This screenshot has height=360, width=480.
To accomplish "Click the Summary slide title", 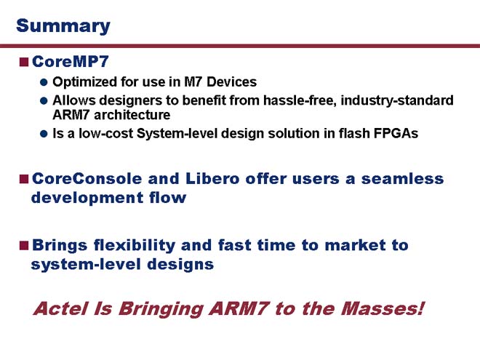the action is [63, 26].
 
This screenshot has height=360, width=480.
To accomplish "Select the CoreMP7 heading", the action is [71, 62].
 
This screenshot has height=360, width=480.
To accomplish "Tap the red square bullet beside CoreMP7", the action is [24, 62].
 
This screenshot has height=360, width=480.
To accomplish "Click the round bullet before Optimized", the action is [44, 82].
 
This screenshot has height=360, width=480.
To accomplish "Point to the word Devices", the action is [232, 81].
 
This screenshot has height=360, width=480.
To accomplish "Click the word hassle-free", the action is [300, 100].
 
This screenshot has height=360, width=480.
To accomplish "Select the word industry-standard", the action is [397, 100].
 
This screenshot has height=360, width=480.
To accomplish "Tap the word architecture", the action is [132, 115].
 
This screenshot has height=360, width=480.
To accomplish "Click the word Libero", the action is [212, 178].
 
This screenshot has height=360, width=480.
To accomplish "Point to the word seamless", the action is [402, 178].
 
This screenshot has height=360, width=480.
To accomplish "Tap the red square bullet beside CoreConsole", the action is [24, 179].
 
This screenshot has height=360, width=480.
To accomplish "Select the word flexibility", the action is [135, 245].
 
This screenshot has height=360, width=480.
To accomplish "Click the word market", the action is [355, 245].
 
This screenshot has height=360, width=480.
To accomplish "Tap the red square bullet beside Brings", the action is [24, 245].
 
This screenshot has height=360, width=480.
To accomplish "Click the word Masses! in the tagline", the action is [383, 308].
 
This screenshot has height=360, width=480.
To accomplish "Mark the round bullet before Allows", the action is [44, 100].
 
